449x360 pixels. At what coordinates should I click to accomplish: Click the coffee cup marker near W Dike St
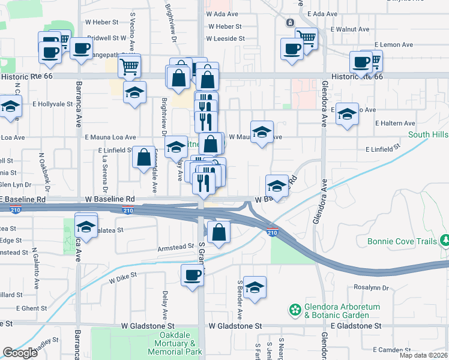(192, 276)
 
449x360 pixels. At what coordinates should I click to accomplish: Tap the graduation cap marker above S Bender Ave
(255, 287)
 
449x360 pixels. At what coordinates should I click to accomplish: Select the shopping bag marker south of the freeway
(218, 232)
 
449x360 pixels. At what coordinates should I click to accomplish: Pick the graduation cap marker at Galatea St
(86, 227)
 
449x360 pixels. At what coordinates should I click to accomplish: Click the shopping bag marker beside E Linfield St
(144, 158)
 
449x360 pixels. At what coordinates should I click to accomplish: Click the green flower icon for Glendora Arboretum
(295, 310)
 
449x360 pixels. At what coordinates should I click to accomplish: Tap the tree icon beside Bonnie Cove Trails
(445, 241)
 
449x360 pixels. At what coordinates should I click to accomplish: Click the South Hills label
(428, 135)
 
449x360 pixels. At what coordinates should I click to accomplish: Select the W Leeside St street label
(225, 38)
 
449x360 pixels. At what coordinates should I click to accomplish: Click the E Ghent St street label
(19, 308)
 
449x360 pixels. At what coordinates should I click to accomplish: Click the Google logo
(20, 352)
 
